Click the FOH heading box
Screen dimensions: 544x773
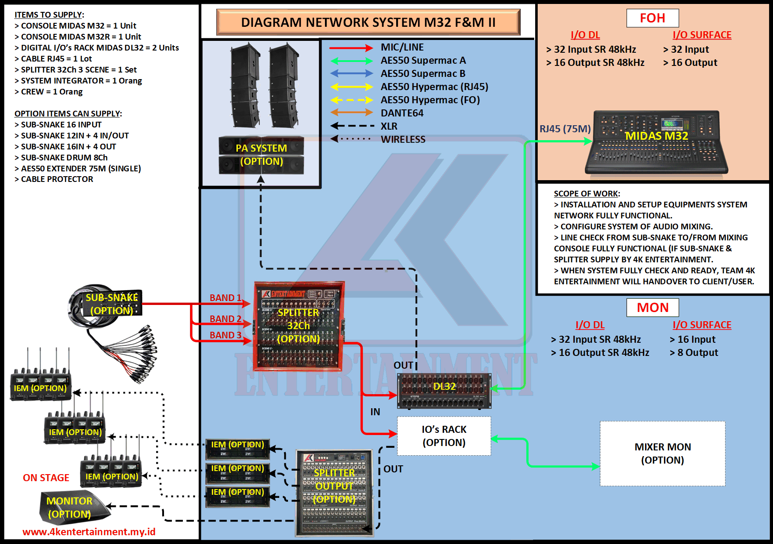tap(653, 18)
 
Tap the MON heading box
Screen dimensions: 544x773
tap(653, 308)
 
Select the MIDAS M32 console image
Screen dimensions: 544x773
tap(656, 142)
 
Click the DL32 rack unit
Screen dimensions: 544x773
tap(444, 390)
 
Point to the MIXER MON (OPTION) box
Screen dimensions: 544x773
tap(662, 453)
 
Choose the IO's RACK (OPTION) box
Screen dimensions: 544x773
tap(444, 436)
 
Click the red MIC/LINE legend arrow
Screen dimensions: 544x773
tap(351, 47)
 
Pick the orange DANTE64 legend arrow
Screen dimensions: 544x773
tap(351, 113)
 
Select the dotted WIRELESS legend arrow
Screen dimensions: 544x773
tap(351, 139)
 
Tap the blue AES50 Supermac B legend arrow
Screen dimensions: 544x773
tap(351, 73)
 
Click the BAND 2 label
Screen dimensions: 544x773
tap(225, 319)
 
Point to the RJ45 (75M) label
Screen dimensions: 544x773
tap(565, 129)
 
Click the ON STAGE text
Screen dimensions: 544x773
tap(46, 478)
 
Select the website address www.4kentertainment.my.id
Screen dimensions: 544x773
tap(89, 532)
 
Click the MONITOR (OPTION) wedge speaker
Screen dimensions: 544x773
tap(73, 508)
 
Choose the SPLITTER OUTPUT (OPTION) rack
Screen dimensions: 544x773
tap(334, 493)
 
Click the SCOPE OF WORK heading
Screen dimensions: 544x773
tap(587, 194)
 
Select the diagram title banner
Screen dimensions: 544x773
tap(368, 22)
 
